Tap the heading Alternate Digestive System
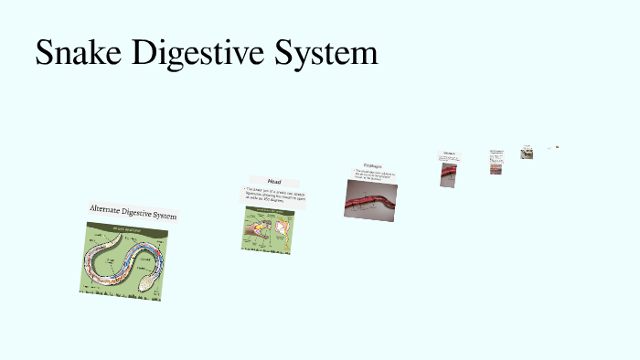tap(133, 212)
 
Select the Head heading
tap(273, 181)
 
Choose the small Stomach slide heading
tap(449, 153)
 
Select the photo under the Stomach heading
tap(448, 174)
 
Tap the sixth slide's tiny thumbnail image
tap(528, 153)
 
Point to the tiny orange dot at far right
tap(557, 147)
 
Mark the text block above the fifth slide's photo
tap(496, 153)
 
